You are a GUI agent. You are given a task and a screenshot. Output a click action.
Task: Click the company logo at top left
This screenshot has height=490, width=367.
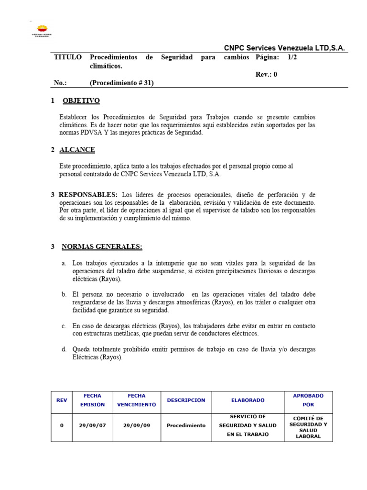click(42, 31)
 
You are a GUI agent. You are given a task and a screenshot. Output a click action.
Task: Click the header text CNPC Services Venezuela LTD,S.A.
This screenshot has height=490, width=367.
click(284, 48)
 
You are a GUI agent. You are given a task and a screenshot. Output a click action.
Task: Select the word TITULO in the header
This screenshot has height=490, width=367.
click(68, 57)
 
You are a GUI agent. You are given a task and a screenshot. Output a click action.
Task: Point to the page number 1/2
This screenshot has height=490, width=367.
click(292, 57)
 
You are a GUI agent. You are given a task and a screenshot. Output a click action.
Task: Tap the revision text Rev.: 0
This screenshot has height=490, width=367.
click(266, 74)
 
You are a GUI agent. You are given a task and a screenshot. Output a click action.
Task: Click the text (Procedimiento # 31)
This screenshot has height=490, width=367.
click(122, 83)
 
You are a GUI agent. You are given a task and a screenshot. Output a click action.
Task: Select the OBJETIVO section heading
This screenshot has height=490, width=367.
click(81, 101)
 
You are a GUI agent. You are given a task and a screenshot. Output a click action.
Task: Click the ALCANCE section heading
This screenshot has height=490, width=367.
click(77, 150)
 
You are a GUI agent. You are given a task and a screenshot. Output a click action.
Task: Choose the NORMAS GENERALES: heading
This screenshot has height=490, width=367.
click(102, 247)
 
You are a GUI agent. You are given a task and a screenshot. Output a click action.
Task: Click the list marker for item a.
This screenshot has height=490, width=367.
click(64, 264)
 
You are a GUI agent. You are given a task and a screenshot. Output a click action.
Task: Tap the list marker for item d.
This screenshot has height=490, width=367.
click(64, 349)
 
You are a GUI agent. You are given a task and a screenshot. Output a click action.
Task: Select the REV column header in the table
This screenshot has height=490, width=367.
click(62, 400)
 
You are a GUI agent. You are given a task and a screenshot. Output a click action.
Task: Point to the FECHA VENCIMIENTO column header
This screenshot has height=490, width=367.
click(136, 400)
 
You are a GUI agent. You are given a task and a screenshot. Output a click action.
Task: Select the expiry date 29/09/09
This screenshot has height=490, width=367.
click(136, 425)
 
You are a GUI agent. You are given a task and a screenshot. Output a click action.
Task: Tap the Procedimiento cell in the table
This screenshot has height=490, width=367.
click(186, 425)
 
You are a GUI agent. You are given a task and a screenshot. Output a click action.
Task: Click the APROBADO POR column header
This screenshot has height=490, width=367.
click(308, 400)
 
